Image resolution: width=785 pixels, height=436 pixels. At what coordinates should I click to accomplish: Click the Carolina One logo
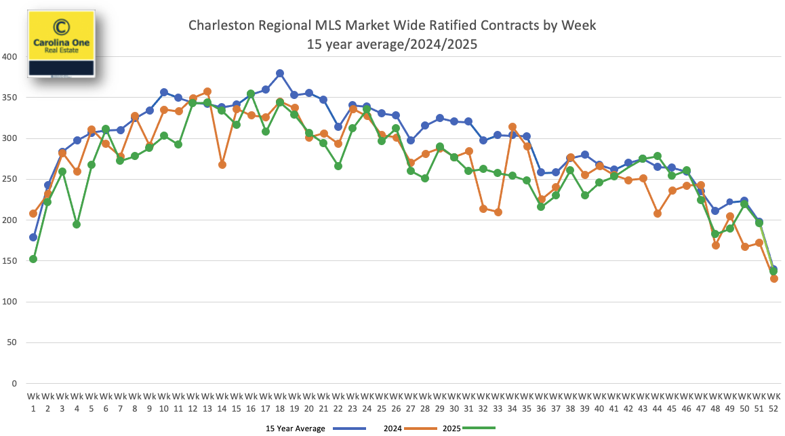coord(61,42)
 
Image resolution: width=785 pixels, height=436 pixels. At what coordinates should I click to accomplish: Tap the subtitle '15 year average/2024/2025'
coord(392,45)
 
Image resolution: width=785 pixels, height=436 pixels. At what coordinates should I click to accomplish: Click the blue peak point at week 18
coord(280,73)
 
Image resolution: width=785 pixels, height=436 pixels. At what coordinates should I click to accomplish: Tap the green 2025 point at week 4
coord(77,224)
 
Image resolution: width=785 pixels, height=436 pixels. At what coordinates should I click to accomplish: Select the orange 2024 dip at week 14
coord(222,165)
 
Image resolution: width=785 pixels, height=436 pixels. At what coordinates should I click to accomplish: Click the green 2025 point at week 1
coord(33,259)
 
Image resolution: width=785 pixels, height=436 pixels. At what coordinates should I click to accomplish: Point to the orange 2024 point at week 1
coord(33,214)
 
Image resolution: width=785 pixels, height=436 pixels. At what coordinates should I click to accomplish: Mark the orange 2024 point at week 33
coord(498,212)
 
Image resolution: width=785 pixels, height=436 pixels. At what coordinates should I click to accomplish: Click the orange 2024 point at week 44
coord(658,214)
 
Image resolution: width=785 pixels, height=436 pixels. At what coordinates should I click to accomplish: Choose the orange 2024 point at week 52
coord(774,279)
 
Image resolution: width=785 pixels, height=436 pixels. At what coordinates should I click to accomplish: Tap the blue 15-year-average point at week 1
coord(33,237)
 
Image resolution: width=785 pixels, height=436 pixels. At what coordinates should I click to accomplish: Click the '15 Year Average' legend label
coord(296,428)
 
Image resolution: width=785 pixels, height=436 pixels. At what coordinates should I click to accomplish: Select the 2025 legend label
coord(452,428)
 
